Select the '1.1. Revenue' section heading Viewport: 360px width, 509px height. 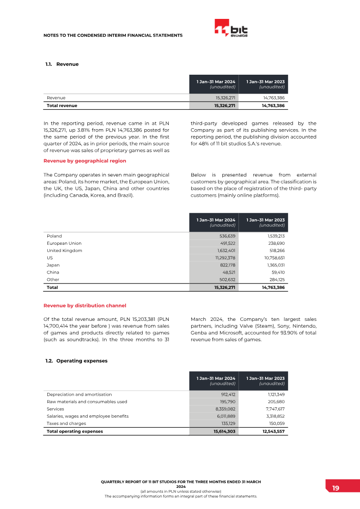(62, 64)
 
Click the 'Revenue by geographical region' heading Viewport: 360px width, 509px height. (85, 161)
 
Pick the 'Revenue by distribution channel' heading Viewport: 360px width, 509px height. (85, 306)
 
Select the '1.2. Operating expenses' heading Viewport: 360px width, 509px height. (76, 361)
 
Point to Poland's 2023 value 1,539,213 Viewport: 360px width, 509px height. (274, 236)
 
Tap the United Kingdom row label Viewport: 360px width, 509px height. (64, 251)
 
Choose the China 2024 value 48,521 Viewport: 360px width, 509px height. (227, 272)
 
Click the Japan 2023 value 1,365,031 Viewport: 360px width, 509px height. (274, 265)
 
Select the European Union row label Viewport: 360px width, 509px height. (64, 243)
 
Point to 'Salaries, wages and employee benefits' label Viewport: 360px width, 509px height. (87, 416)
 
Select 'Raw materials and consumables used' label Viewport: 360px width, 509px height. (87, 401)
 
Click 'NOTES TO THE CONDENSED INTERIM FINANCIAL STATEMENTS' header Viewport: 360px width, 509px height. (113, 35)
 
